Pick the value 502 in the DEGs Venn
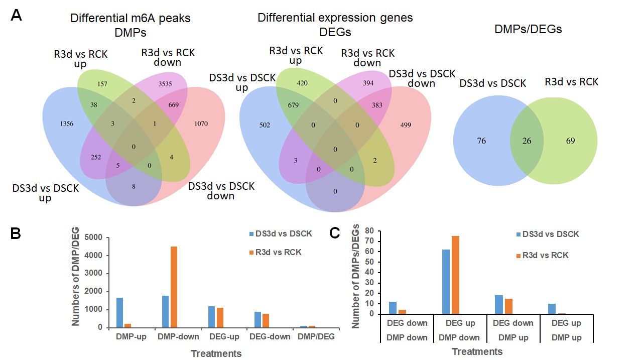point(265,125)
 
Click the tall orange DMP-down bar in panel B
point(174,287)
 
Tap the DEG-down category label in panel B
point(272,336)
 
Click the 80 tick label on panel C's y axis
point(370,231)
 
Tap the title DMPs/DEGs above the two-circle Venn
point(528,30)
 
